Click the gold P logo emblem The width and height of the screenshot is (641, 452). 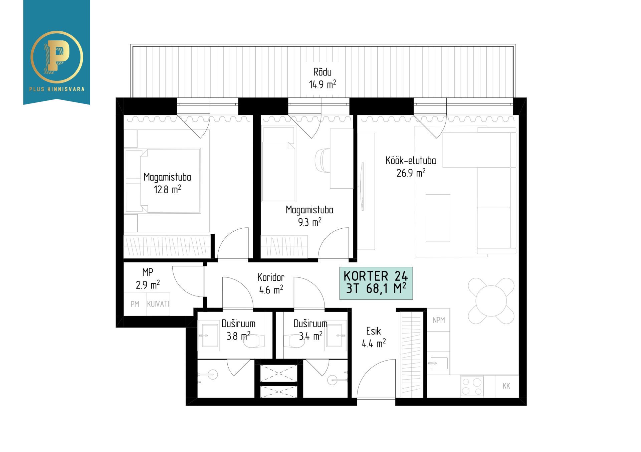point(56,56)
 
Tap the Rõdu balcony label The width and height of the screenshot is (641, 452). point(322,72)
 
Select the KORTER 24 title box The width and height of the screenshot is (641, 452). point(376,283)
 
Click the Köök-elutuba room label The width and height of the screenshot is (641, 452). point(411,161)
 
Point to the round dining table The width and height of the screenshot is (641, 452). point(491,301)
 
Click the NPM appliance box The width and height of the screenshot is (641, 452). point(439,320)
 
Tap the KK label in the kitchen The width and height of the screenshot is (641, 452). point(506,386)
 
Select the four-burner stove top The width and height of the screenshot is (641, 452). point(472,386)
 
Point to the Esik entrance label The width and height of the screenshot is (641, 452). point(373,331)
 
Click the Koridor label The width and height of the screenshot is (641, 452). point(271,277)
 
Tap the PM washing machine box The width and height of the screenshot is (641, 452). point(135,304)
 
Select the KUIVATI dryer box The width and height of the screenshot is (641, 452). point(158,304)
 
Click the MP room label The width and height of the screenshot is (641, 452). point(148,272)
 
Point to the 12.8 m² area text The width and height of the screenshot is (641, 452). point(167,190)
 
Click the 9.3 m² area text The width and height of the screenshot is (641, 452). point(309,222)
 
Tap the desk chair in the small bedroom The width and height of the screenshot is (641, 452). point(322,161)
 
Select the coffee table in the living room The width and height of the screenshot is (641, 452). point(438,218)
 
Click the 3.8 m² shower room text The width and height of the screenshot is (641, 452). point(238,336)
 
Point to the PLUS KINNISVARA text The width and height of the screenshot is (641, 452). point(57,89)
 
